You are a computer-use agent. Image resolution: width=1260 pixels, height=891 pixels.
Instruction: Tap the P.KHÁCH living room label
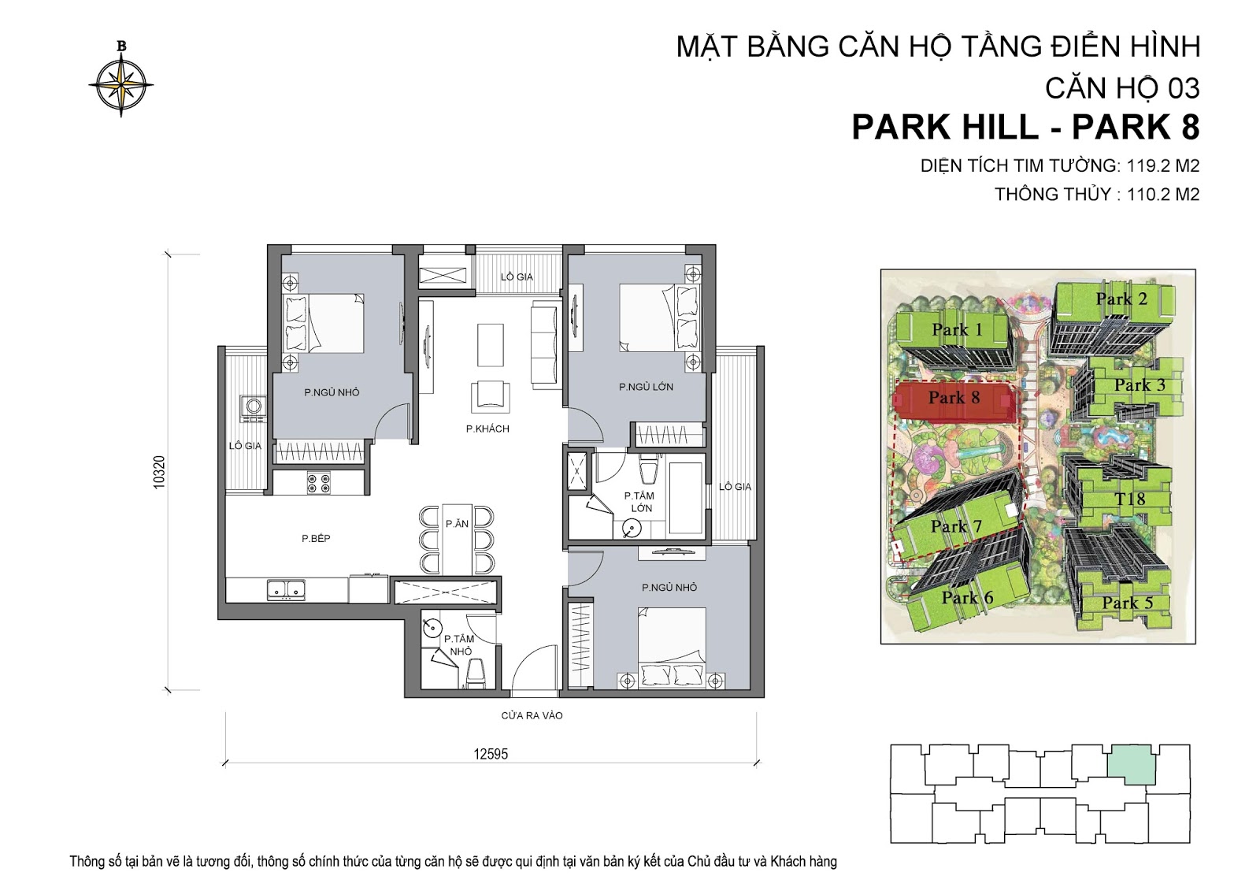(x=487, y=429)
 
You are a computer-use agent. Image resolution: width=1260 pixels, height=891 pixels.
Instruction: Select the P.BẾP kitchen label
(x=316, y=539)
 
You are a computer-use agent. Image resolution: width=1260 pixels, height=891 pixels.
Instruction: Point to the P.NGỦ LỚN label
(x=646, y=388)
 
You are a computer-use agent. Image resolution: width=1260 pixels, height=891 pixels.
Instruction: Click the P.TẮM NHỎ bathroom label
(x=460, y=645)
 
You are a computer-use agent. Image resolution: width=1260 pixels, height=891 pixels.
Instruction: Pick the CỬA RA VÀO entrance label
(x=532, y=716)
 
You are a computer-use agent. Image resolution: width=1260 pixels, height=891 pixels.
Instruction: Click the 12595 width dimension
(x=491, y=754)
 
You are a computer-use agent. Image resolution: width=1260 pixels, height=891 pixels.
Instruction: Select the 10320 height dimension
(x=160, y=472)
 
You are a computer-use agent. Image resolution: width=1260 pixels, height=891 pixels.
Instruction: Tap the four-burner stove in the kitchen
(x=318, y=483)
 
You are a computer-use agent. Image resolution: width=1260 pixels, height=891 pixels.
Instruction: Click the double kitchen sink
(x=287, y=590)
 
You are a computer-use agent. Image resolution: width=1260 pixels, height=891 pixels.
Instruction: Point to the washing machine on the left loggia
(x=253, y=409)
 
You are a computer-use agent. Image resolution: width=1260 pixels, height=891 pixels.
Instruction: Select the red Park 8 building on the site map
(x=954, y=401)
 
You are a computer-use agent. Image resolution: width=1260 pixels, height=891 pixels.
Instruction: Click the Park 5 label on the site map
(x=1127, y=603)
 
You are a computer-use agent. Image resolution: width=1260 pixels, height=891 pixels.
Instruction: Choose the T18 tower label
(x=1130, y=499)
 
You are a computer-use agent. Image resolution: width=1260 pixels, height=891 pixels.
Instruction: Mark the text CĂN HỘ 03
(x=1122, y=88)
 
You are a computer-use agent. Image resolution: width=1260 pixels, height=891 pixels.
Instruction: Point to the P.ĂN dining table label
(x=457, y=524)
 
